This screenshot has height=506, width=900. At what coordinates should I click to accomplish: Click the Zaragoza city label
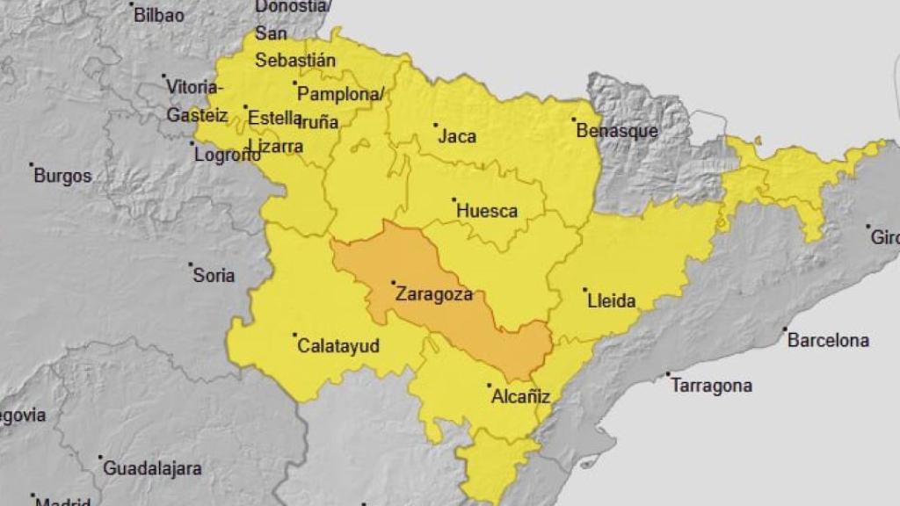(x=434, y=294)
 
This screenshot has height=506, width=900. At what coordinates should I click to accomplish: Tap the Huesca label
(x=487, y=212)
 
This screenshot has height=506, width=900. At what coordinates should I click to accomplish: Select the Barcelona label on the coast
(x=828, y=340)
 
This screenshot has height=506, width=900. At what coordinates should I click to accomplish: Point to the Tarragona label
(x=712, y=386)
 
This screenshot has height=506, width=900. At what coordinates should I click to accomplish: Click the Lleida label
(x=611, y=301)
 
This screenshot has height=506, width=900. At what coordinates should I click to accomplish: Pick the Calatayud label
(x=339, y=346)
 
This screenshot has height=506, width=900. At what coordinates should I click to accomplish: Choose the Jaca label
(x=457, y=136)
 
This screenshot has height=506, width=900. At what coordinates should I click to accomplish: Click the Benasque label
(x=617, y=131)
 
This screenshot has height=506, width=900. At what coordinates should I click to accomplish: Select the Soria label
(x=214, y=276)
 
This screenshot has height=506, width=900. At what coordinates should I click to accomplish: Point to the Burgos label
(x=62, y=176)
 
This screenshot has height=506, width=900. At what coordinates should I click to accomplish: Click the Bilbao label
(x=159, y=15)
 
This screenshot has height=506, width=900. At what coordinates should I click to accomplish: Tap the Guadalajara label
(x=153, y=468)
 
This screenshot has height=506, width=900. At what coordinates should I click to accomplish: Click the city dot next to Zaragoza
(x=393, y=283)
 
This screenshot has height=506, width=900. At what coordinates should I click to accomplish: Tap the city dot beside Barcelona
(x=785, y=329)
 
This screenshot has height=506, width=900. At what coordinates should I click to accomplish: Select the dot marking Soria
(x=191, y=264)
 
